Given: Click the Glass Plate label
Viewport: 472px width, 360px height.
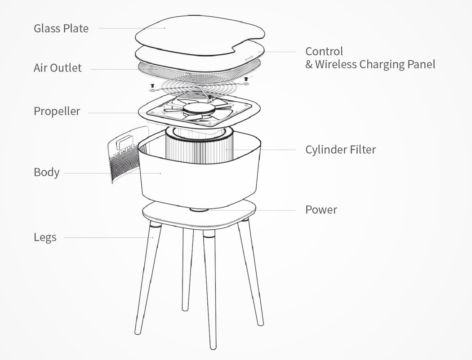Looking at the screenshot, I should click(x=61, y=28).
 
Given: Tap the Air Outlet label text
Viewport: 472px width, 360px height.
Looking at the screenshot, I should click(x=58, y=68).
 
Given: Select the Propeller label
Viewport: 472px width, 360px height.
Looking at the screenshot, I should click(x=57, y=111).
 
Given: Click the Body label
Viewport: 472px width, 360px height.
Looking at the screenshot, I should click(x=46, y=172).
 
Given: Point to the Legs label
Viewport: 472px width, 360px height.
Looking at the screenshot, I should click(x=45, y=237).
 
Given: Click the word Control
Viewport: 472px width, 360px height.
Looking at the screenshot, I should click(x=324, y=51).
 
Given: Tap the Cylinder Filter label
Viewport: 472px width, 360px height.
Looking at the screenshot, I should click(x=340, y=149).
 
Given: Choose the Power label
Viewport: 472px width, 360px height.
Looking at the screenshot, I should click(x=321, y=209).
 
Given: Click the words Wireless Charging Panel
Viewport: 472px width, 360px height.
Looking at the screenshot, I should click(x=375, y=64).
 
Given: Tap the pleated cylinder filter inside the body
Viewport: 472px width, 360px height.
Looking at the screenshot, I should click(x=198, y=148).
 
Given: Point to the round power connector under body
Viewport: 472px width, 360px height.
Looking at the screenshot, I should click(x=198, y=209).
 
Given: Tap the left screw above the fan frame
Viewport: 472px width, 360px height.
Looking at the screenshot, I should click(x=152, y=85).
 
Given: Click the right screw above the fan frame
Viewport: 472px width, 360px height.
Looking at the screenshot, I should click(x=246, y=79).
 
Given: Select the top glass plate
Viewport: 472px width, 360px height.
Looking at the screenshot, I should click(x=198, y=34).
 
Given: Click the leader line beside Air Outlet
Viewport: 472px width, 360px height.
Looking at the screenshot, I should click(x=112, y=69).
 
